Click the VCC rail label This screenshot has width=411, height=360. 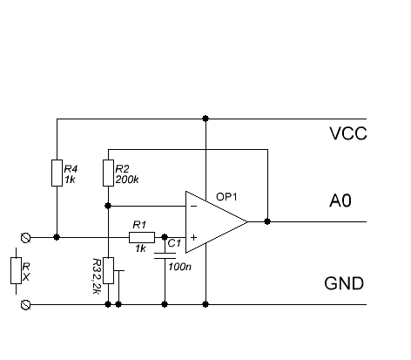click(348, 133)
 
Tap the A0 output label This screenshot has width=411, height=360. click(340, 200)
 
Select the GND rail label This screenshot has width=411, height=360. click(344, 283)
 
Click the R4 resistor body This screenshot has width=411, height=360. click(57, 173)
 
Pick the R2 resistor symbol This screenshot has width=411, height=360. click(108, 173)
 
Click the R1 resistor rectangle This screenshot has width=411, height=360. click(142, 237)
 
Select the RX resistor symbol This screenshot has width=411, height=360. click(16, 270)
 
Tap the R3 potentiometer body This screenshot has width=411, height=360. click(108, 270)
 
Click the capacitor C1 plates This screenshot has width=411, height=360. click(165, 255)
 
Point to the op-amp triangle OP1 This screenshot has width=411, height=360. click(216, 222)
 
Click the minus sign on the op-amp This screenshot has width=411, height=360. click(194, 207)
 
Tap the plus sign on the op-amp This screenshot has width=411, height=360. click(193, 237)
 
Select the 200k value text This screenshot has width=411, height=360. click(127, 180)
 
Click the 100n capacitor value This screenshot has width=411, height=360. click(179, 267)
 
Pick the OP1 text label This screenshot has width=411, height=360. click(226, 197)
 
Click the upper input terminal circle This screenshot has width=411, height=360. click(25, 238)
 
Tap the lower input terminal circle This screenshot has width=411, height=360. click(25, 305)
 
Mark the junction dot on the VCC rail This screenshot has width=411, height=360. click(205, 119)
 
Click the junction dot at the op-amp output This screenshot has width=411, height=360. click(267, 221)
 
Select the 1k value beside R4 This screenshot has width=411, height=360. click(70, 180)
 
